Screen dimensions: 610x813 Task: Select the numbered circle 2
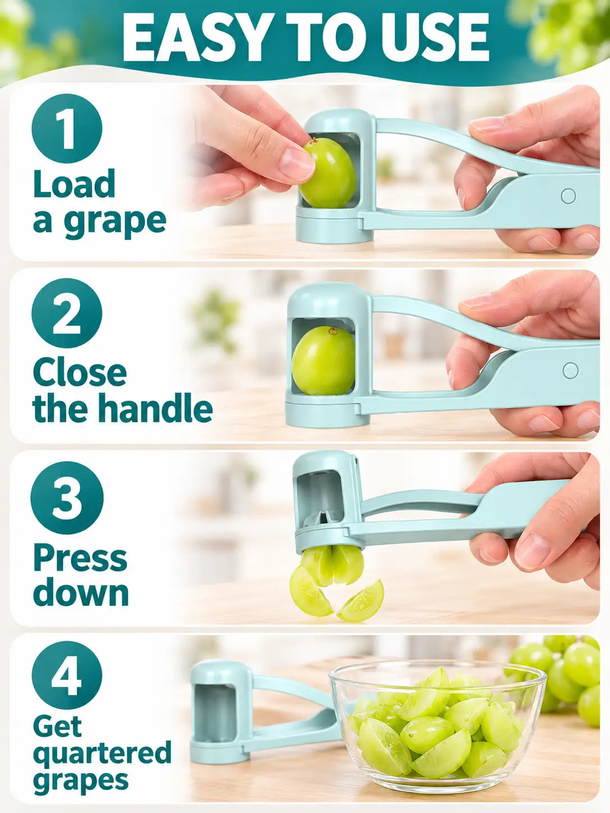pos(67,313)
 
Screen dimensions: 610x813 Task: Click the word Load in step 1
pos(74,184)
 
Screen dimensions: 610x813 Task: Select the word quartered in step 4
pos(102,751)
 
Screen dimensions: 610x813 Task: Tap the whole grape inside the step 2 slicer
pos(323,361)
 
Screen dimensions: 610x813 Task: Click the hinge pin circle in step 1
pos(568,197)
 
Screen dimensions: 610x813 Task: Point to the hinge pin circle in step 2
pos(570,370)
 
